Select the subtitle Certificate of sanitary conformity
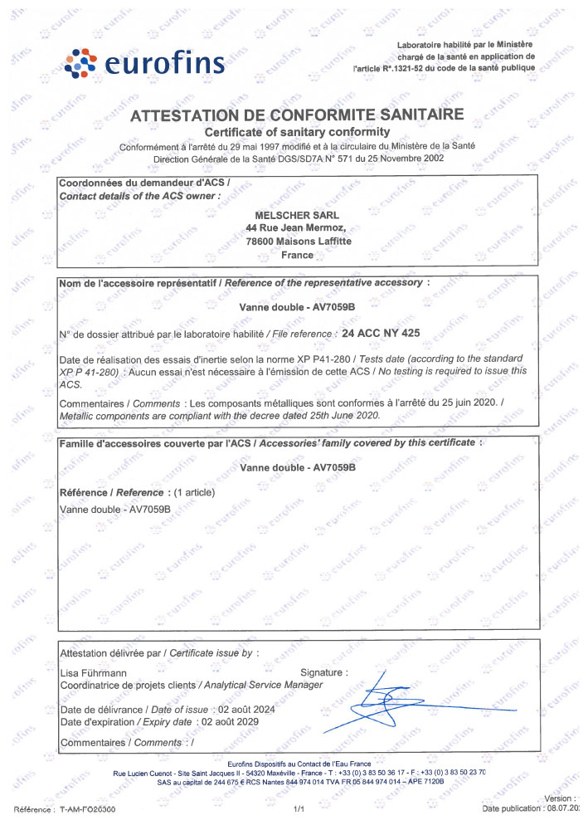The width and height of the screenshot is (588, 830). click(297, 132)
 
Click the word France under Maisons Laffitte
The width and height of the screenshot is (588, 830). click(297, 255)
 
